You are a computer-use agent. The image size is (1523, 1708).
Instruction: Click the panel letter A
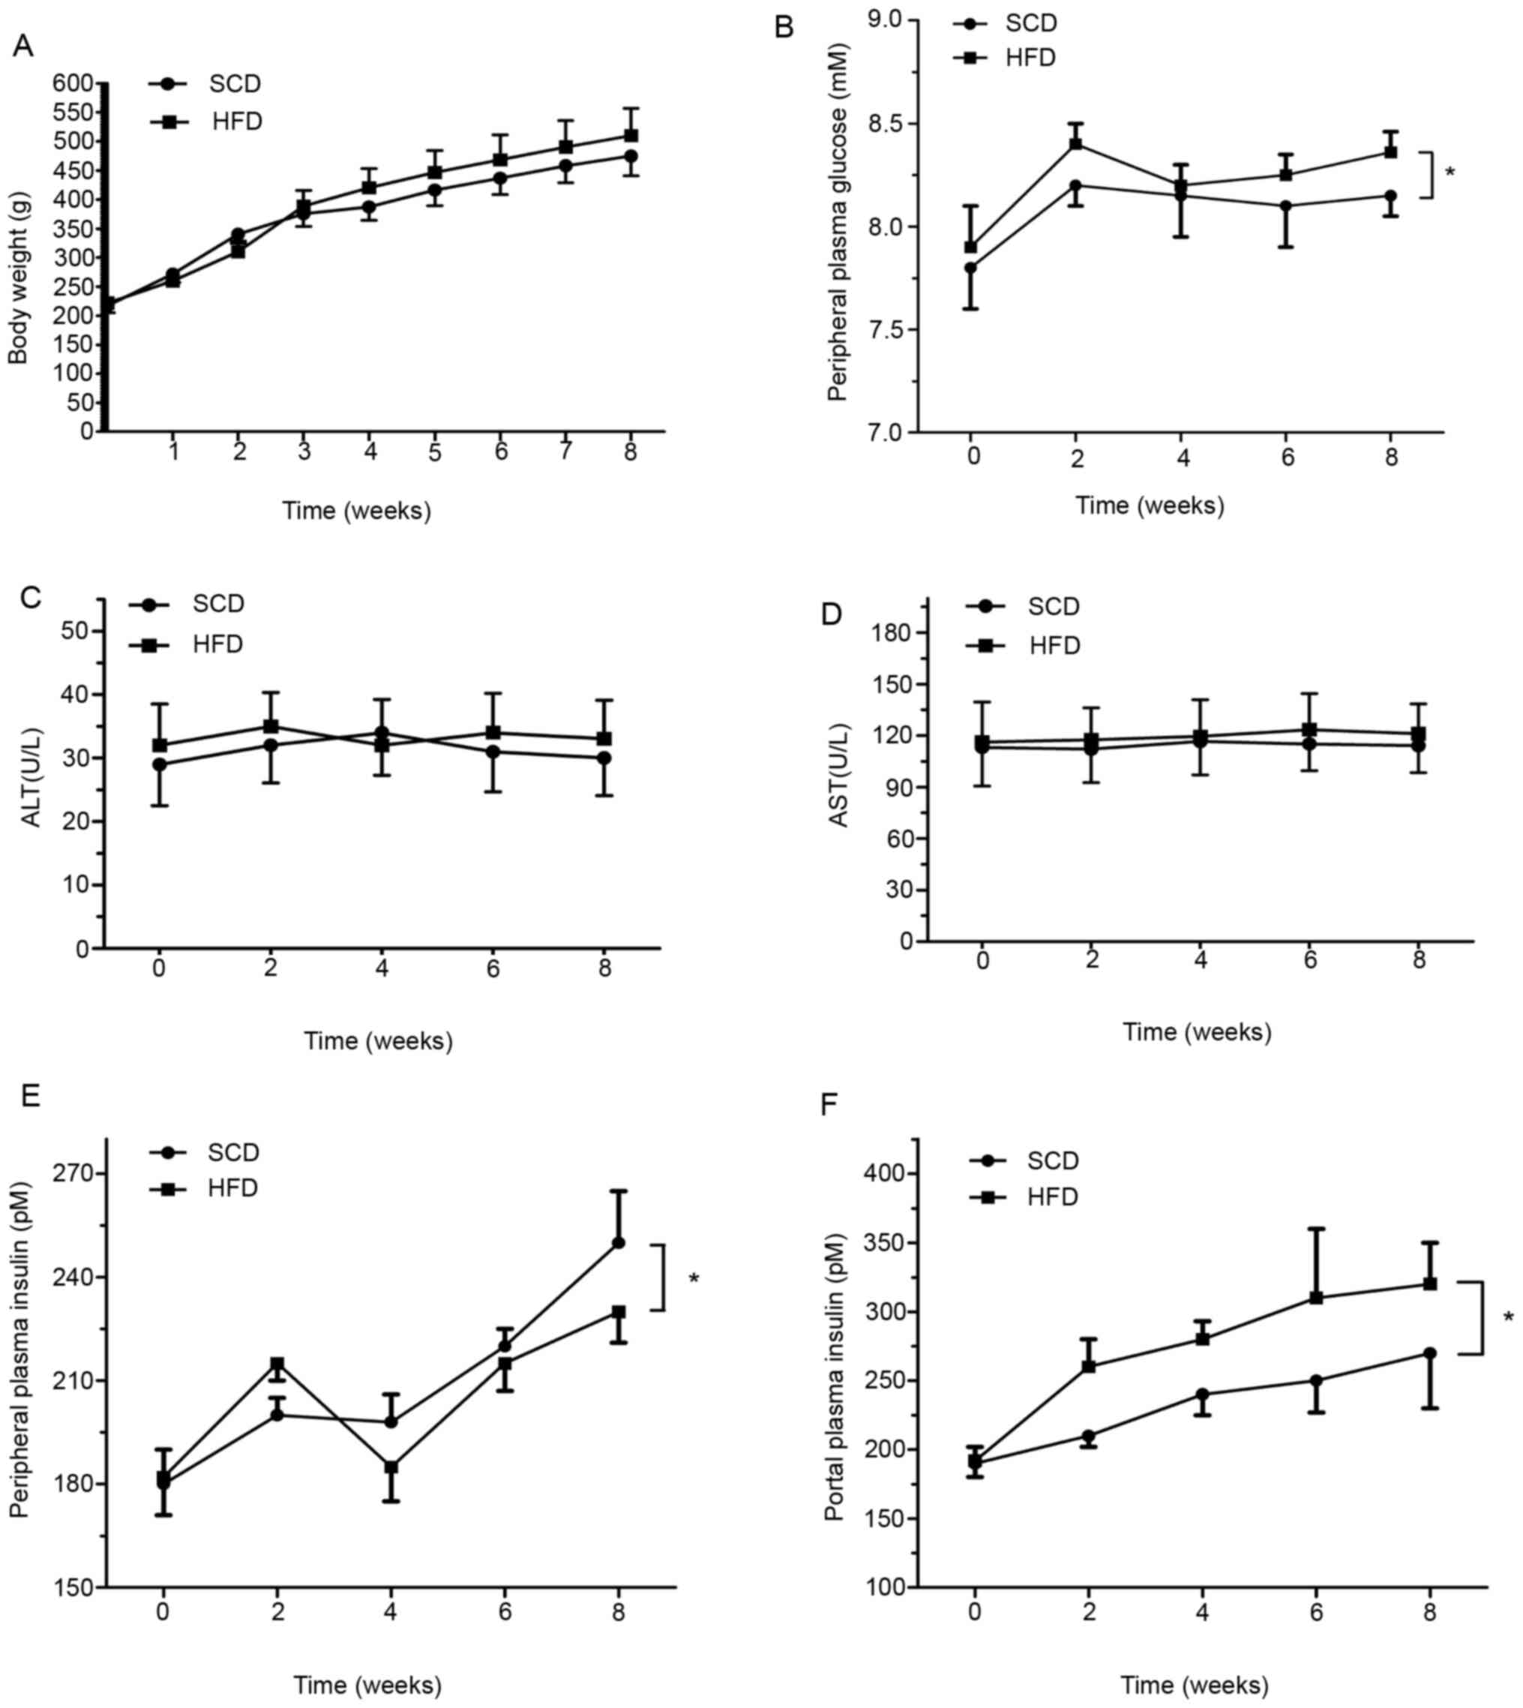coord(22,46)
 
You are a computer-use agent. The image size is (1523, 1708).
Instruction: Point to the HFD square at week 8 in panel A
coord(631,136)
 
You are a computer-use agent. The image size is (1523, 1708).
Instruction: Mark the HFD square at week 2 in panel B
coord(1076,144)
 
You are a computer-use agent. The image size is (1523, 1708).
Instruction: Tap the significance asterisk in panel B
coord(1450,173)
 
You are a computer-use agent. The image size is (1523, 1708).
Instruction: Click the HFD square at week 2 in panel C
coord(271,726)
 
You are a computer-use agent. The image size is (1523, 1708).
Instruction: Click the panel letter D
coord(831,615)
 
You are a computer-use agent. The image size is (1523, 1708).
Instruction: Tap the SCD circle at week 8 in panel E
coord(619,1243)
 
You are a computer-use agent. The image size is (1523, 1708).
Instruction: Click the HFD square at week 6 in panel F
coord(1316,1298)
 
